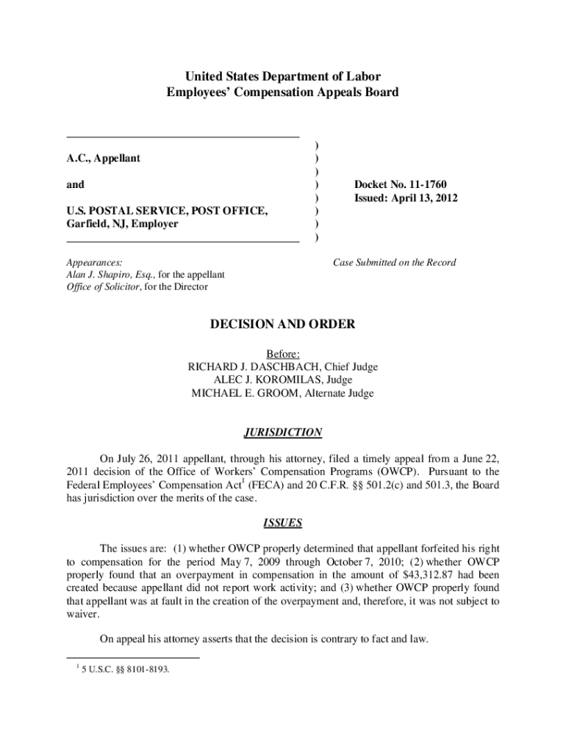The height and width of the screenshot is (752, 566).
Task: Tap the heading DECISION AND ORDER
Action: click(x=282, y=324)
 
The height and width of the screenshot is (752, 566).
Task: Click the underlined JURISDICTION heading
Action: click(x=282, y=433)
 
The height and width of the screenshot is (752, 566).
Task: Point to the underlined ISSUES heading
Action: click(x=282, y=524)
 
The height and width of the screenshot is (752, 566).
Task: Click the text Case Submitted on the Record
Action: click(x=394, y=262)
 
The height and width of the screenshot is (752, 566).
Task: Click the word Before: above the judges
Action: click(x=282, y=354)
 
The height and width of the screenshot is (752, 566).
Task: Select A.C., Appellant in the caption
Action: click(x=104, y=158)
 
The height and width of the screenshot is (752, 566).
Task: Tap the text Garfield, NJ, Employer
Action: click(x=122, y=224)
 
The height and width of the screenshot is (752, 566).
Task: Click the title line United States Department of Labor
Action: click(x=282, y=76)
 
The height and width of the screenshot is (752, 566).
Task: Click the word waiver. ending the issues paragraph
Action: click(x=82, y=615)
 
